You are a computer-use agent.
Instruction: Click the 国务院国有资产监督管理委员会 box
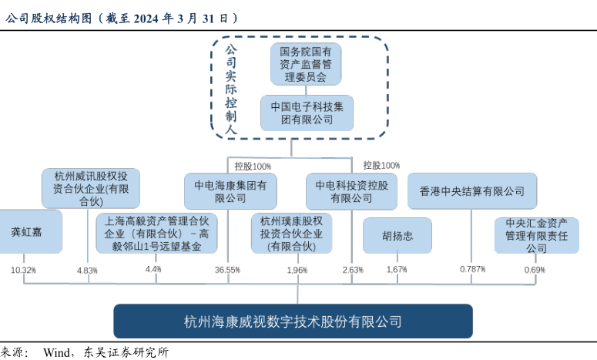[306, 64]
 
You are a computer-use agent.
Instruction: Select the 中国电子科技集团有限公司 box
[307, 113]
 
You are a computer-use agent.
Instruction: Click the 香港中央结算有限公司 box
[471, 191]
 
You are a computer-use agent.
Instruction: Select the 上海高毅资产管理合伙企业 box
[156, 234]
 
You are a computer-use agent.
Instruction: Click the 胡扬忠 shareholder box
[397, 236]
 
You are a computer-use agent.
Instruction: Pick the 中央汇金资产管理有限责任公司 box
[536, 236]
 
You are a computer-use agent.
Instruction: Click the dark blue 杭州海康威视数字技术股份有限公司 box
[293, 321]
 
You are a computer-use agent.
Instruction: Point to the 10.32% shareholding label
[24, 271]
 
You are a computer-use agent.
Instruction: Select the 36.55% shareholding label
[227, 271]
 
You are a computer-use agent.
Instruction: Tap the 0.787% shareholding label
[472, 270]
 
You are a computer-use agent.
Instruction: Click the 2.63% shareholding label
[352, 271]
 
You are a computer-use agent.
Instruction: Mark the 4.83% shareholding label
[88, 271]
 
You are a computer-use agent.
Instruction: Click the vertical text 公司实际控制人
[230, 89]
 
